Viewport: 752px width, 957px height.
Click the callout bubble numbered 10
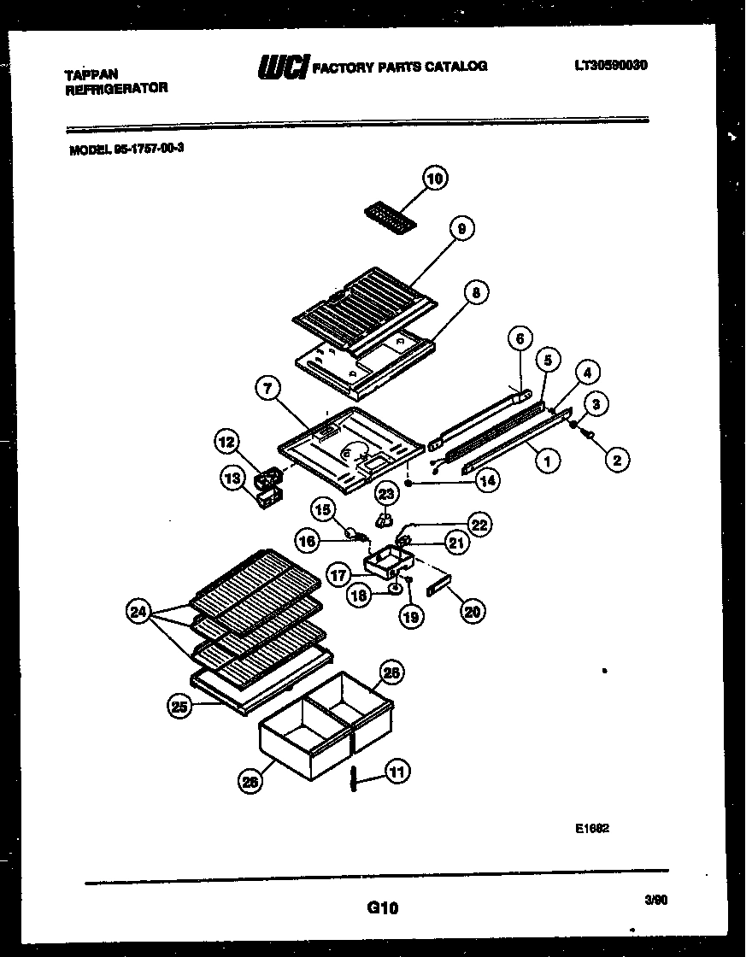435,179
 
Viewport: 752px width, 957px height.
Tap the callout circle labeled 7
268,389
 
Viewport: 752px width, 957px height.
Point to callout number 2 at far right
615,460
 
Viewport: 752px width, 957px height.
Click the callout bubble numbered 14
487,481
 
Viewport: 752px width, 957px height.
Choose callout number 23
386,494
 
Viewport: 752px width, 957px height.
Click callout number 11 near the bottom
397,772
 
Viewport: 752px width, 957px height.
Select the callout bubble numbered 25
179,706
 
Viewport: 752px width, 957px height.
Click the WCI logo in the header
282,68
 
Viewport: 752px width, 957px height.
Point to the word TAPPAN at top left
91,74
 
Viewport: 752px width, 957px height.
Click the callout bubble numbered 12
226,442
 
